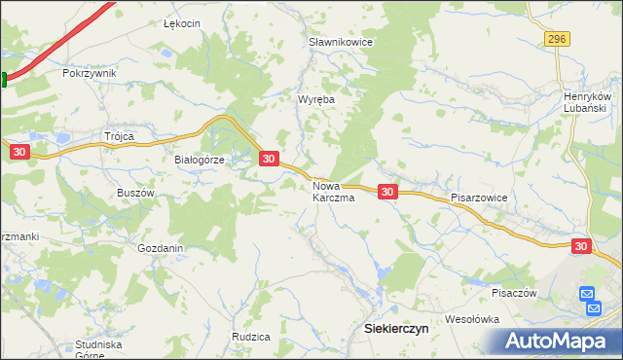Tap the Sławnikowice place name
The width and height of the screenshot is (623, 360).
(x=341, y=43)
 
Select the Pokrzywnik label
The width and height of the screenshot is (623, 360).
(x=89, y=73)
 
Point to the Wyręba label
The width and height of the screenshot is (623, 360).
(x=315, y=99)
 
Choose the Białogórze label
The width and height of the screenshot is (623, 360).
(x=200, y=161)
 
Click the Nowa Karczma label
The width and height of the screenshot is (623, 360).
(x=333, y=191)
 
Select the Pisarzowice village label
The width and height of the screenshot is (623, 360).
(x=480, y=197)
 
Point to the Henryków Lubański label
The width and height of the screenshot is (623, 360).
(x=587, y=102)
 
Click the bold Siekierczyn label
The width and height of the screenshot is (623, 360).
(x=396, y=329)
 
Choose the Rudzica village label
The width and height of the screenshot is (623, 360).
(x=250, y=336)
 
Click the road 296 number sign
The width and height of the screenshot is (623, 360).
(x=556, y=38)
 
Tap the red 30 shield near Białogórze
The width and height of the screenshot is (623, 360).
(x=270, y=158)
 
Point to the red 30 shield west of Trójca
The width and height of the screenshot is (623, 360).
(x=18, y=151)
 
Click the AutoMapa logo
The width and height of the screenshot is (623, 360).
(x=558, y=341)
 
